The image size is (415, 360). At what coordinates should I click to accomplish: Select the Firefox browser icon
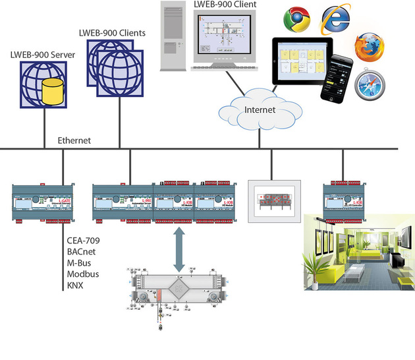click(368, 49)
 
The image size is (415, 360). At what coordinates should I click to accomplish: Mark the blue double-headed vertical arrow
click(178, 249)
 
